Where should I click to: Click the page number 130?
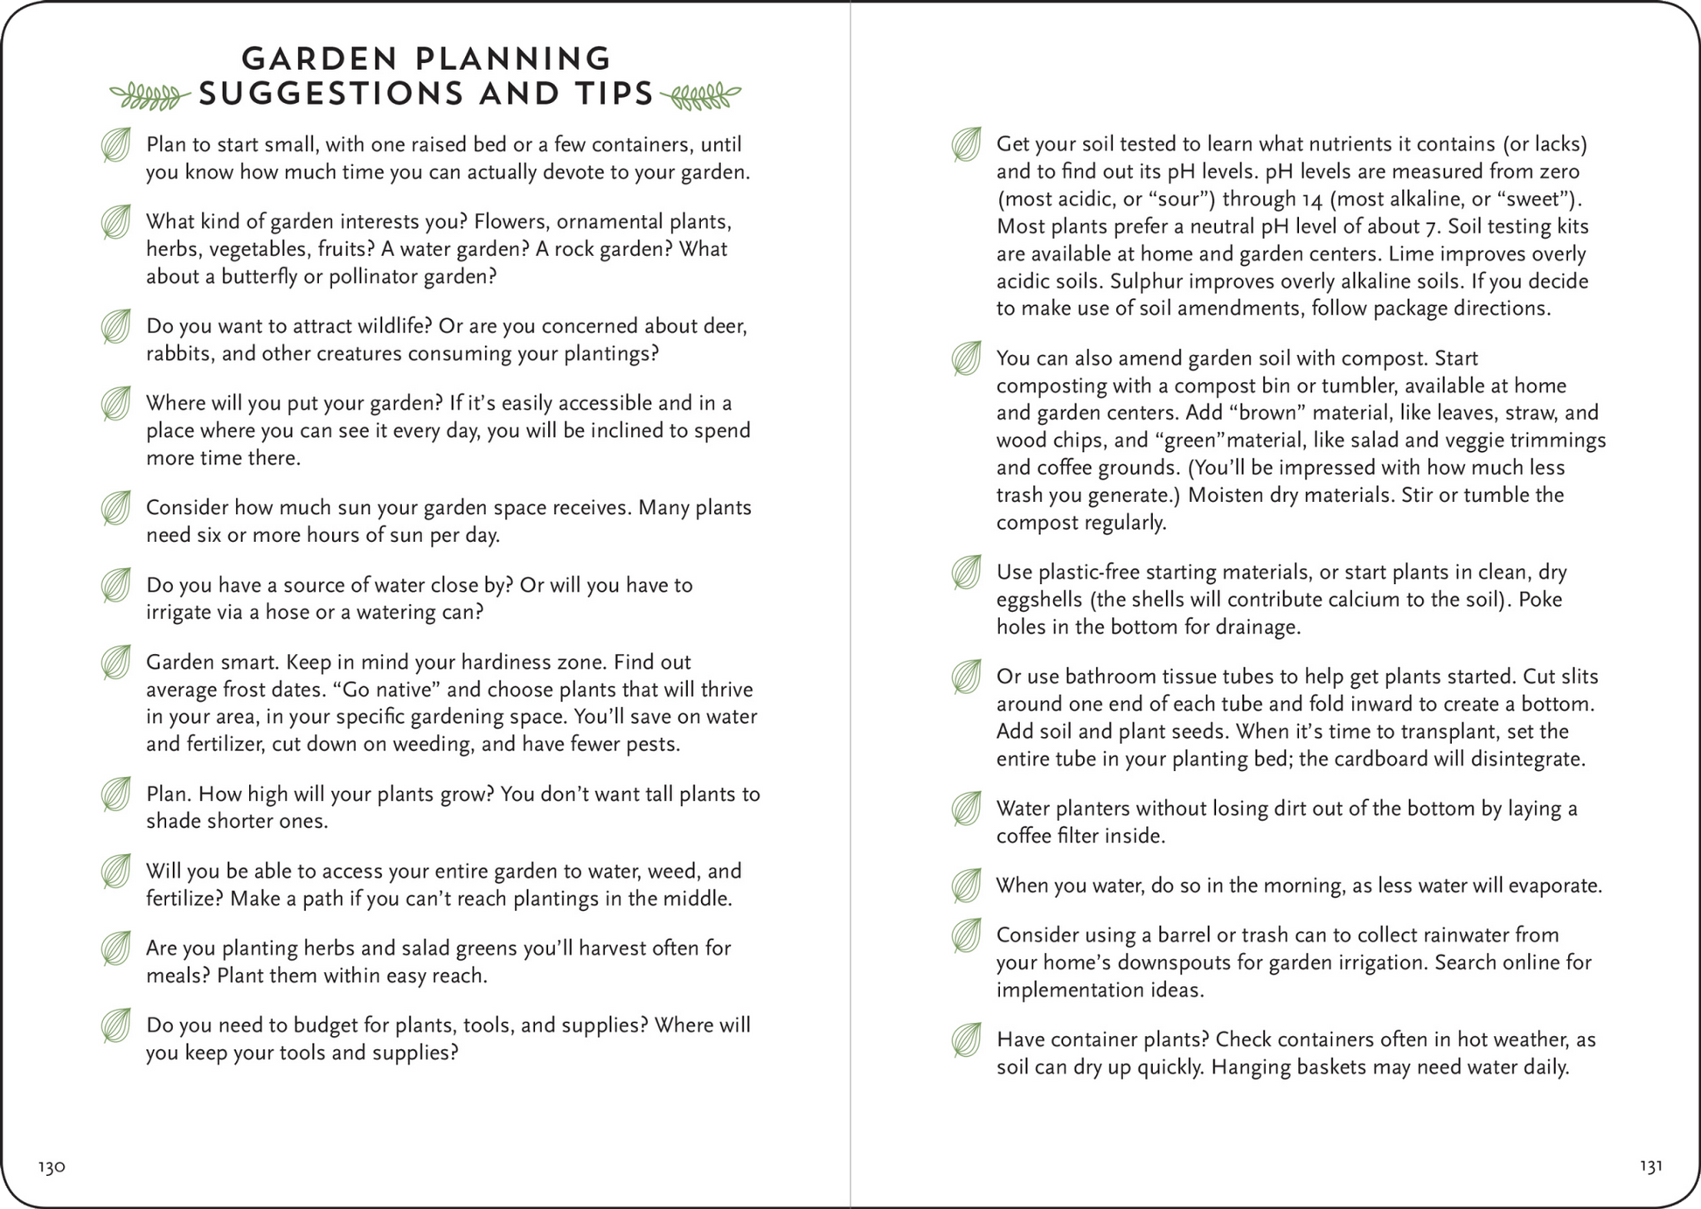coord(52,1167)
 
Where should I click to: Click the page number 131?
coord(1650,1166)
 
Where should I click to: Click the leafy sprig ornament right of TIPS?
coord(701,95)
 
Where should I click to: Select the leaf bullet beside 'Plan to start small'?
coord(116,145)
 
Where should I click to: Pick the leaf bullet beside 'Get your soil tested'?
coord(967,144)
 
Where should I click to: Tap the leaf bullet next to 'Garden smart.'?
coord(116,663)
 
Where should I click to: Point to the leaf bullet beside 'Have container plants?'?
coord(967,1040)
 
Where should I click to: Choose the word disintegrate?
coord(1526,759)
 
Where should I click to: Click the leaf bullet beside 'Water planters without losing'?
coord(967,809)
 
